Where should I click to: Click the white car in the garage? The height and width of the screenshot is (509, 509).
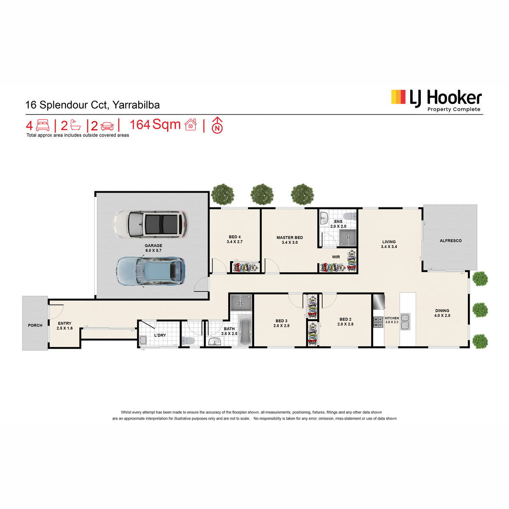[151, 224]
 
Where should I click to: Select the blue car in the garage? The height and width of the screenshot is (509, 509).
[151, 271]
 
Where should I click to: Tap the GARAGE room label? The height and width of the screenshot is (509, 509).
[154, 246]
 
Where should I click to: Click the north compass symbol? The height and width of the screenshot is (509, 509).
[217, 125]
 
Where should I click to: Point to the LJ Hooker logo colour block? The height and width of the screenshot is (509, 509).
[398, 97]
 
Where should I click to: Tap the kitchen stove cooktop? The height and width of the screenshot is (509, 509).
[378, 322]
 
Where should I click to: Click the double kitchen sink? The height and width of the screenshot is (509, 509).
[406, 322]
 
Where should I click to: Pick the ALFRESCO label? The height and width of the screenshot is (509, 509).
[450, 241]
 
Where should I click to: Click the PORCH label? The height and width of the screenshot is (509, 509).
[35, 325]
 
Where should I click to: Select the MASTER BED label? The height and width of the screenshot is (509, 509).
[290, 238]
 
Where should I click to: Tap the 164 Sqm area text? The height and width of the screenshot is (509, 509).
[155, 124]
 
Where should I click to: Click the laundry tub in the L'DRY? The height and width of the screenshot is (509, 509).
[143, 340]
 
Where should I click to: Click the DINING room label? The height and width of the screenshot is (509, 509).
[442, 310]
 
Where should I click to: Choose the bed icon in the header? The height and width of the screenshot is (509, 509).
[43, 125]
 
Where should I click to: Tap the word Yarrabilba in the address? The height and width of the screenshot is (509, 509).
[136, 105]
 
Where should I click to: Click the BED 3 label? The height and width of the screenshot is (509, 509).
[281, 321]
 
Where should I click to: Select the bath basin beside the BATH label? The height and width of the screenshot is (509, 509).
[215, 342]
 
